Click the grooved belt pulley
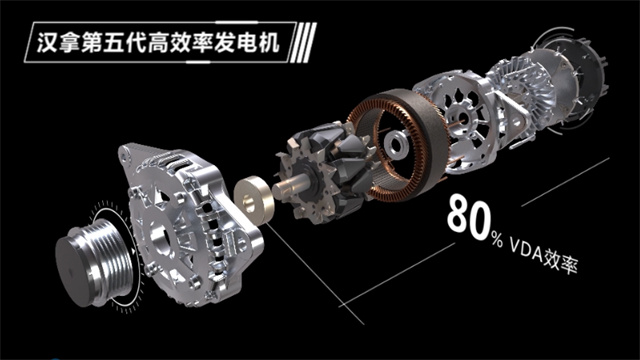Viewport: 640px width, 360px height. pyautogui.click(x=95, y=261)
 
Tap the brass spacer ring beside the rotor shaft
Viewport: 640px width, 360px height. pyautogui.click(x=253, y=200)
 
